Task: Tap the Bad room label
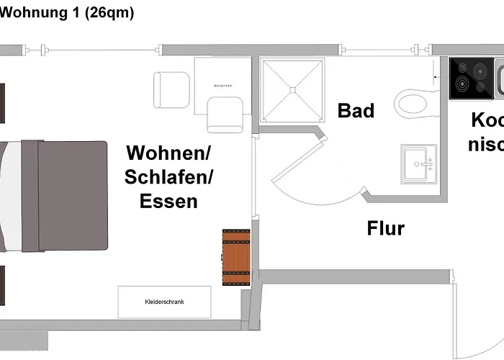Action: [356, 111]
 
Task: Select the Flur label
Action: [385, 229]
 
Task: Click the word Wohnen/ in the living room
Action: [168, 153]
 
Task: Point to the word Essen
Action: [168, 201]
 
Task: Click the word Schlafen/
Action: [168, 177]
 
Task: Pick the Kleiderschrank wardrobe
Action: [164, 302]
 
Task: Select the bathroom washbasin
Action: [418, 163]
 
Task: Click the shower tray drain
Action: [292, 89]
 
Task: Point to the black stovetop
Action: [471, 78]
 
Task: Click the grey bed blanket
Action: [72, 194]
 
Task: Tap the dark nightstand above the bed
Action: [2, 102]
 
